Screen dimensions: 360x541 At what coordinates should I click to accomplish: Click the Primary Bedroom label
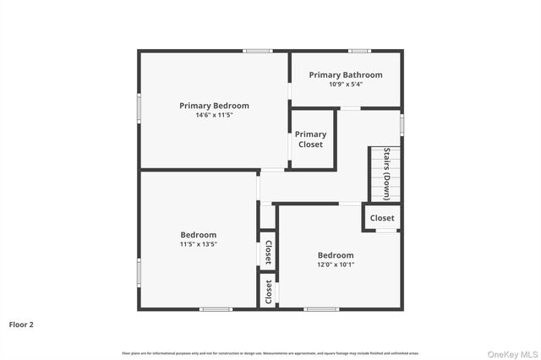click(214, 106)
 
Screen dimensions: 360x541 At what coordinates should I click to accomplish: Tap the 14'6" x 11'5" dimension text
click(214, 115)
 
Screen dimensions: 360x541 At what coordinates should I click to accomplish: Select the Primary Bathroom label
click(345, 75)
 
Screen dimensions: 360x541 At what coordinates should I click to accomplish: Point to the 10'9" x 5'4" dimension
click(345, 85)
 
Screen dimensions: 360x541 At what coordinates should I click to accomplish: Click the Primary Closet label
click(310, 139)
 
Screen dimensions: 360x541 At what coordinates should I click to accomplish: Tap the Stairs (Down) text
click(387, 173)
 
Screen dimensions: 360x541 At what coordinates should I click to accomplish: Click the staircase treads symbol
click(377, 174)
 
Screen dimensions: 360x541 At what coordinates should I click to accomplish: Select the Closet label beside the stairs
click(382, 218)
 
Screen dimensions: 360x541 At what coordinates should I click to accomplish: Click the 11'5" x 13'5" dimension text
click(198, 244)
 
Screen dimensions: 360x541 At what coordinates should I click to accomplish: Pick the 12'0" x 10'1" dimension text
click(336, 265)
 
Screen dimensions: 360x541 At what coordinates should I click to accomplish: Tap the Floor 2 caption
click(21, 324)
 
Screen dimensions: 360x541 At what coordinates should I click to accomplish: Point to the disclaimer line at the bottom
click(270, 353)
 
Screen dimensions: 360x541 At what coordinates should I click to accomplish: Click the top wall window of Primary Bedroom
click(257, 51)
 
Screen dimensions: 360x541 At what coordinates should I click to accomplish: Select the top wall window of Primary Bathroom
click(360, 51)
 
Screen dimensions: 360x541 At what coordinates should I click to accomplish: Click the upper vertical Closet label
click(268, 252)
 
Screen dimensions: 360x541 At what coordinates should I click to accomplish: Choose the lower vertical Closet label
click(268, 292)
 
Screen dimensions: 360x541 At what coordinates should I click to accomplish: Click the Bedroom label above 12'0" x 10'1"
click(336, 255)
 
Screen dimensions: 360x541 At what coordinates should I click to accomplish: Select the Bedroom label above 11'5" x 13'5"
click(198, 235)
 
